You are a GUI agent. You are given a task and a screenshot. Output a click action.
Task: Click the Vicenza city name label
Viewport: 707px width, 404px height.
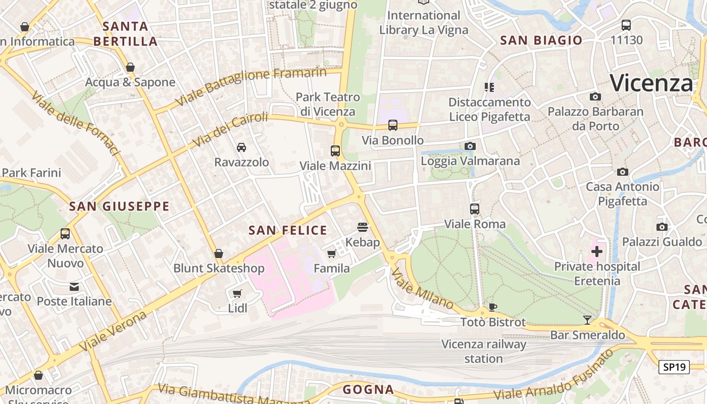point(651,83)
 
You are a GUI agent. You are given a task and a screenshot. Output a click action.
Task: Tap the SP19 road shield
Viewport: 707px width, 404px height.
point(674,367)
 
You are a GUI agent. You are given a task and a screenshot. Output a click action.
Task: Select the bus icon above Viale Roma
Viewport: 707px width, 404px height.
point(475,209)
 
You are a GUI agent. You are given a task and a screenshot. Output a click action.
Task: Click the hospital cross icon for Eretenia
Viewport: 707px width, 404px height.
point(596,251)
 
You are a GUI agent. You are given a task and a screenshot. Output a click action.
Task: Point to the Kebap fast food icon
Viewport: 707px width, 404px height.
point(363,227)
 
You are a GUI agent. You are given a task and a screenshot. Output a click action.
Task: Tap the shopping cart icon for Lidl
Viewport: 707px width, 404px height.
point(237,293)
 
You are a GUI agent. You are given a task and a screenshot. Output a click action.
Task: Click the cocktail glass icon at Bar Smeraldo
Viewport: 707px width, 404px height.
point(587,320)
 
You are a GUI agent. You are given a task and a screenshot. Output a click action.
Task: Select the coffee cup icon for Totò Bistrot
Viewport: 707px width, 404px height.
point(493,307)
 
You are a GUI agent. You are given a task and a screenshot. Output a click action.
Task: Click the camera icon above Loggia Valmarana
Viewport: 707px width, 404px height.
point(470,146)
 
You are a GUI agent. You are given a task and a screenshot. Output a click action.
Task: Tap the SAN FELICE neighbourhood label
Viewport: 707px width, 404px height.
point(288,231)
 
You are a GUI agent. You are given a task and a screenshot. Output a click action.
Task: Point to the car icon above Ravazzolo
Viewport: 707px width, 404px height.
point(241,147)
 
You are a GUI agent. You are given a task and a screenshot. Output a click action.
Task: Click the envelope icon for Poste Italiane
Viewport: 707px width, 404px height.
point(74,287)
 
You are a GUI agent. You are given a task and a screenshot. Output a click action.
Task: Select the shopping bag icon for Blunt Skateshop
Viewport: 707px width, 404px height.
point(219,253)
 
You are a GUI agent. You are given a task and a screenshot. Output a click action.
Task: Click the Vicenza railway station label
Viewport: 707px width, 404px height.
point(484,351)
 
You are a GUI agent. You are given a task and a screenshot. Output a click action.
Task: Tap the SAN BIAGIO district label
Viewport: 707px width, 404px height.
point(541,41)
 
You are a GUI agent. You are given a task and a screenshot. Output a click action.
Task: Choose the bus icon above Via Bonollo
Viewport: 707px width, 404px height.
point(393,125)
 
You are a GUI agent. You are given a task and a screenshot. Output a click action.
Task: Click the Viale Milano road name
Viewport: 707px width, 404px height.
point(422,288)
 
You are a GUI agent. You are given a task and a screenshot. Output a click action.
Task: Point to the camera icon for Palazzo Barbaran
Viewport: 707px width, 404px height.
point(595,96)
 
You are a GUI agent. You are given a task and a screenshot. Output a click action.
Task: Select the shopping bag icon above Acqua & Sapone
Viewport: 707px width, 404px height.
point(130,67)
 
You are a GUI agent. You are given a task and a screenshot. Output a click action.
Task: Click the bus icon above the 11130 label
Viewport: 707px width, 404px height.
point(626,25)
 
